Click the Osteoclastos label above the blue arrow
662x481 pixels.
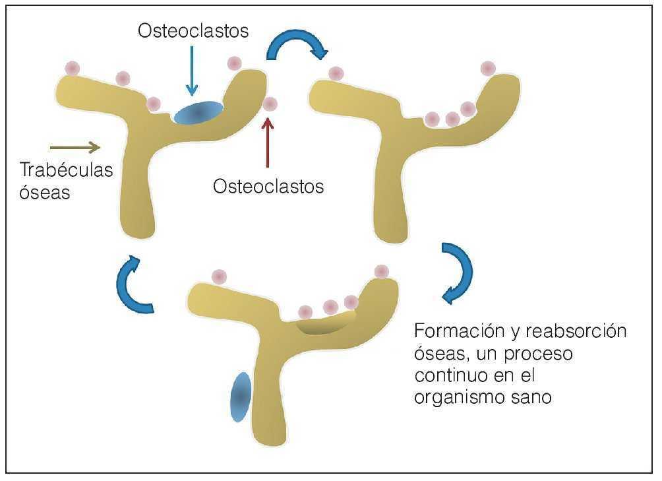click(193, 31)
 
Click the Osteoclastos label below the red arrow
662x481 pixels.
click(268, 187)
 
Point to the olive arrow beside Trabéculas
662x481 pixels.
click(75, 146)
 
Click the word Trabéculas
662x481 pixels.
click(66, 170)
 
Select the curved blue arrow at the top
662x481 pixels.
click(297, 43)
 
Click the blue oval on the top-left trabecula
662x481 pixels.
click(198, 112)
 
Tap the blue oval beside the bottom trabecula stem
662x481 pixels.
click(241, 397)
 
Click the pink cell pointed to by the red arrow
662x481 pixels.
click(270, 104)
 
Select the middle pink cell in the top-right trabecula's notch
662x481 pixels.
click(452, 119)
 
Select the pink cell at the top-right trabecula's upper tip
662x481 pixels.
click(487, 68)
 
